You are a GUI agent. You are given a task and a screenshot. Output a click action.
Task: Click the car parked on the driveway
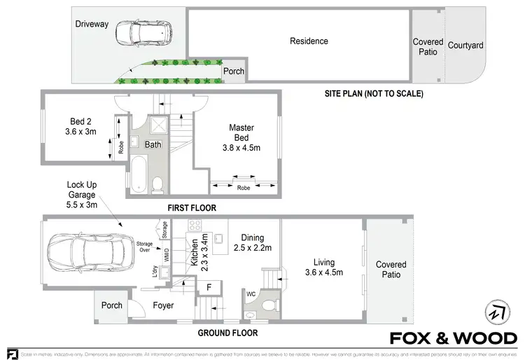tap(143, 32)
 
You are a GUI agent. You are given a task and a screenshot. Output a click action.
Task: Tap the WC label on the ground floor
tap(251, 293)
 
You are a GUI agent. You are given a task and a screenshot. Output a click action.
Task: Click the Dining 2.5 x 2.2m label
tap(251, 243)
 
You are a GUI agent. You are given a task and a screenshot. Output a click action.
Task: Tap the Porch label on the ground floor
tap(112, 305)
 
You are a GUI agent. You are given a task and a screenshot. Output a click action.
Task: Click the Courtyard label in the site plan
tap(465, 46)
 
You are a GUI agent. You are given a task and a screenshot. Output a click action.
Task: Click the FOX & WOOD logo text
tap(453, 338)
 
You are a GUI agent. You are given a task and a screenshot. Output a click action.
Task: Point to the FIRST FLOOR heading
tap(190, 208)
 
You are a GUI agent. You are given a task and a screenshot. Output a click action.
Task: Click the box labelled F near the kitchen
tap(209, 286)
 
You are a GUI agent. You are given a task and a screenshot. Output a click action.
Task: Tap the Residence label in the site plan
tap(309, 41)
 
